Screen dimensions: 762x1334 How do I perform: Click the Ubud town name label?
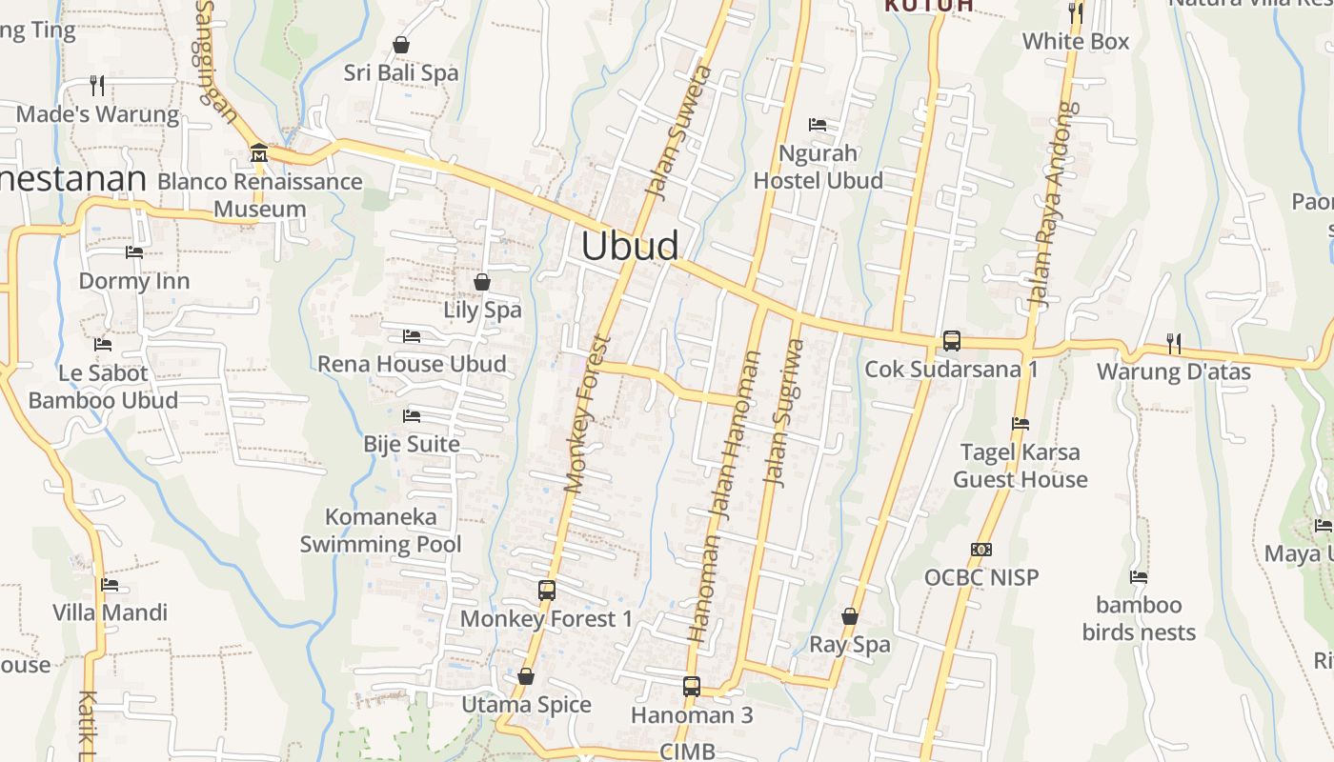click(x=630, y=246)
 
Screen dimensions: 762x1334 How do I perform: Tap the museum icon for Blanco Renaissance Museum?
click(x=258, y=152)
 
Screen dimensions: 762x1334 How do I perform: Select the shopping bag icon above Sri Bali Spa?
click(x=401, y=45)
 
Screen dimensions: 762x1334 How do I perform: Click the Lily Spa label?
click(x=482, y=310)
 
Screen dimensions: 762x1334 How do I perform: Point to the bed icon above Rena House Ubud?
click(x=412, y=336)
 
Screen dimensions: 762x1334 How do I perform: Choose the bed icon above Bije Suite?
click(x=412, y=416)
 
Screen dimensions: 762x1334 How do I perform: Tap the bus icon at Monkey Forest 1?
click(x=546, y=590)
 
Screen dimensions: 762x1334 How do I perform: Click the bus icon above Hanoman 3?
click(x=692, y=686)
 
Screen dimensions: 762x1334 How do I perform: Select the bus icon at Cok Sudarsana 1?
click(x=951, y=340)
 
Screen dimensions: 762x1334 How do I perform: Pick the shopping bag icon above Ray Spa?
click(x=850, y=616)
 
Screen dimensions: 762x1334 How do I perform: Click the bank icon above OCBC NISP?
click(x=981, y=550)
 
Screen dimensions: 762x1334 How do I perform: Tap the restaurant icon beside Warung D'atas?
click(x=1174, y=343)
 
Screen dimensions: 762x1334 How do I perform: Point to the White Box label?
click(x=1076, y=41)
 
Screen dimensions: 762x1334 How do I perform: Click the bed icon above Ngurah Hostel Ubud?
click(x=818, y=125)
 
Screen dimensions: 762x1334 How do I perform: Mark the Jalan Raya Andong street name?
click(x=1049, y=205)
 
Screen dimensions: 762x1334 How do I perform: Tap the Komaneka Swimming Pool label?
click(x=381, y=531)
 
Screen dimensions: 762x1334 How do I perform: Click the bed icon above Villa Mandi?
click(x=110, y=585)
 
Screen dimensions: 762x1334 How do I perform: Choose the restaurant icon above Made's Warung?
click(x=97, y=86)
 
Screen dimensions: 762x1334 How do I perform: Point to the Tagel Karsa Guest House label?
click(x=1021, y=466)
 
